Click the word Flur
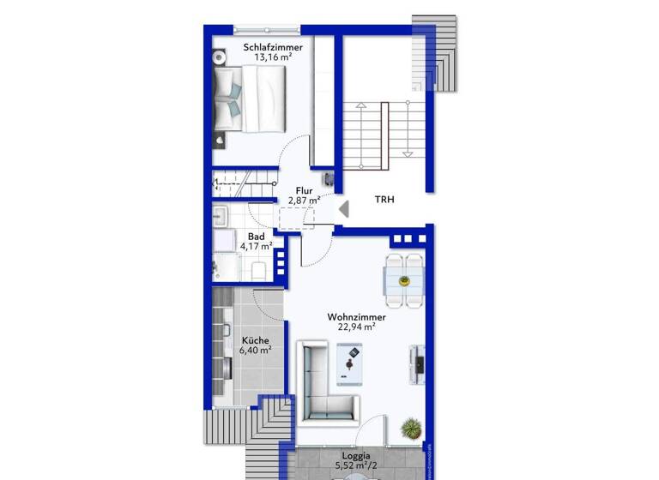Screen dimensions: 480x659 tap(304, 190)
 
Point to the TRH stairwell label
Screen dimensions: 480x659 tap(385, 200)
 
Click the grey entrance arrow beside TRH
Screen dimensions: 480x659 tap(343, 208)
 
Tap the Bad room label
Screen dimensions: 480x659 tap(256, 237)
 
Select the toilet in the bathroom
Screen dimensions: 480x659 tap(260, 270)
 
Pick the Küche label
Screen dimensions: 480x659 tap(255, 339)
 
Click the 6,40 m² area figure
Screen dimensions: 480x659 tap(255, 349)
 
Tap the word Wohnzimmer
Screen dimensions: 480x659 tap(356, 316)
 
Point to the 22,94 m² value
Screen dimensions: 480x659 tap(356, 327)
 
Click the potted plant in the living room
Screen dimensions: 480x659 tap(412, 426)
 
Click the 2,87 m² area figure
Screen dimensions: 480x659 tap(304, 200)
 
